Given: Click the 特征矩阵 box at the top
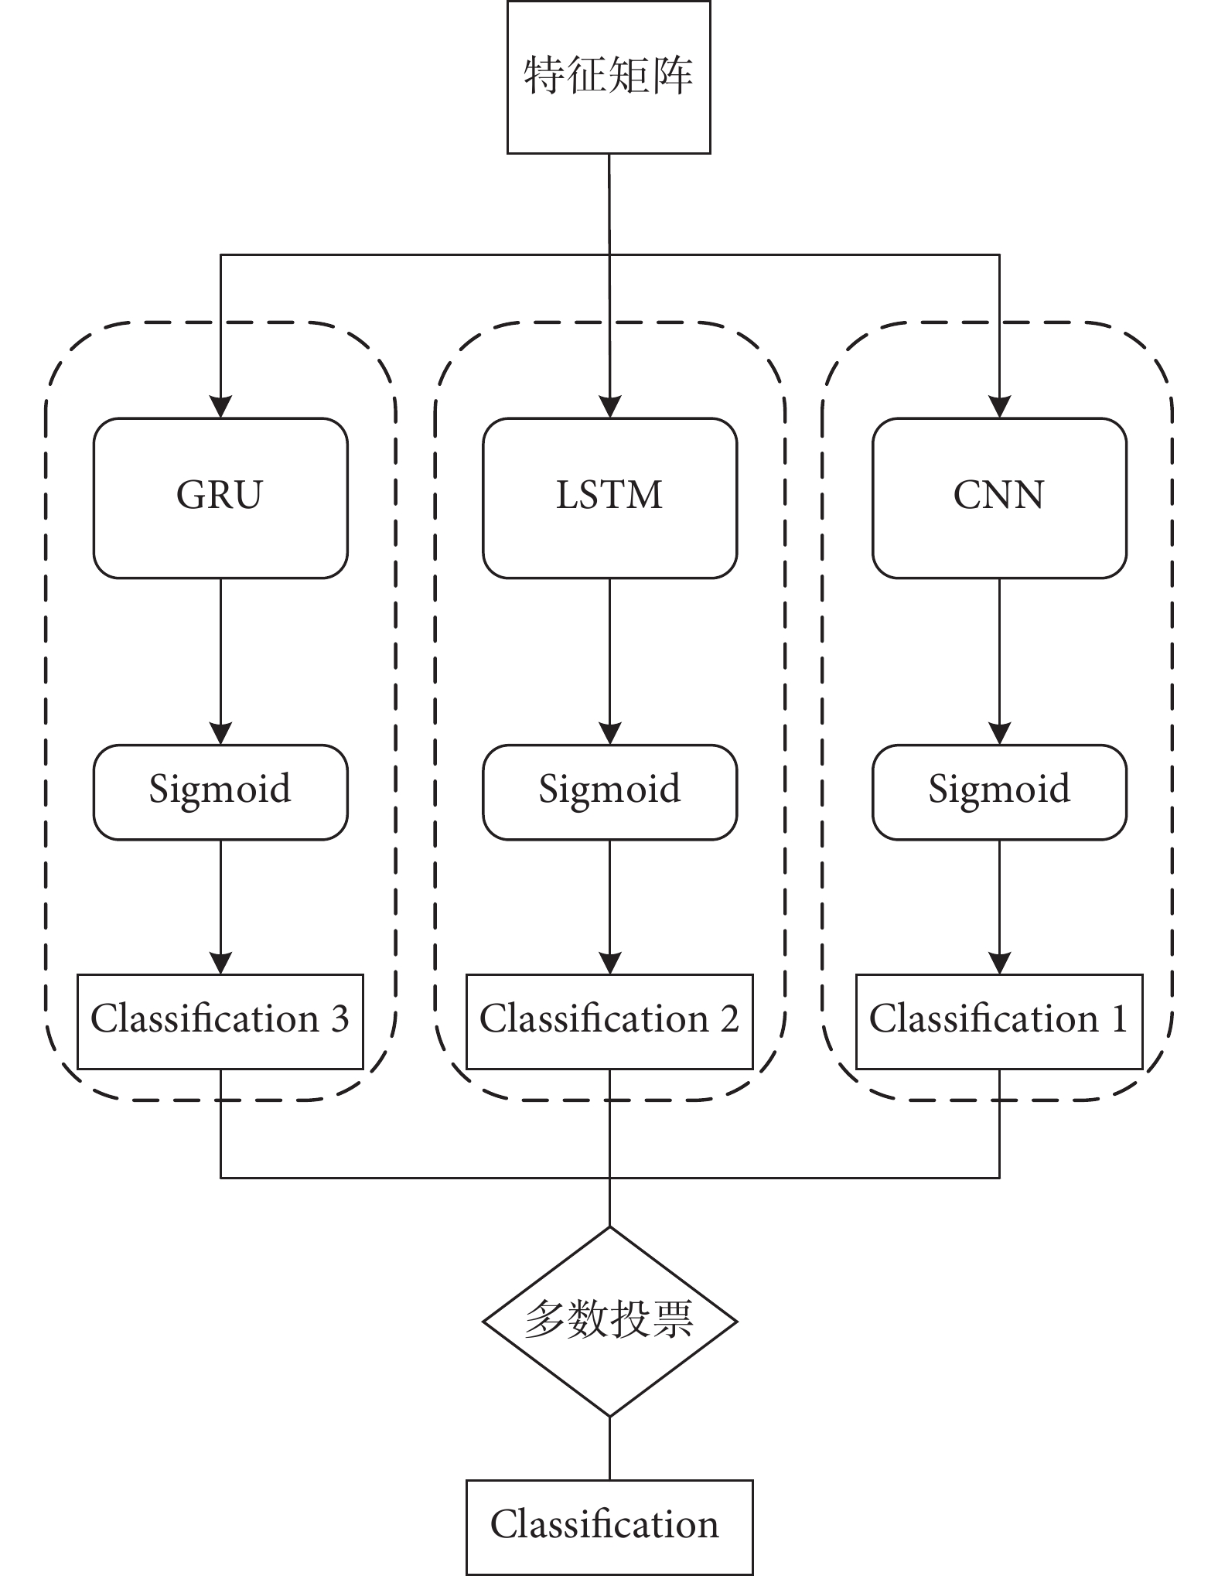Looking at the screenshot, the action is point(609,77).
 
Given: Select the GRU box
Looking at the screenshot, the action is point(220,498).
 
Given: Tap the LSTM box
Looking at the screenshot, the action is point(609,498).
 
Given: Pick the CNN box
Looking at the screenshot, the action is point(999,498).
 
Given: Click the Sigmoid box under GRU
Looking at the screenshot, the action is point(220,792).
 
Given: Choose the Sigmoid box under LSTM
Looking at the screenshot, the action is point(609,792).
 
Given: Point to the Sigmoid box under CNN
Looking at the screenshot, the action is point(999,792).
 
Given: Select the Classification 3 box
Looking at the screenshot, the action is point(220,1022).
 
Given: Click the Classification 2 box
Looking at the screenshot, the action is point(609,1022).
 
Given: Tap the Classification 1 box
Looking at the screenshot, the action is point(999,1022).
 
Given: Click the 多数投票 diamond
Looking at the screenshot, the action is point(609,1321).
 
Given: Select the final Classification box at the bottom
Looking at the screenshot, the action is point(609,1527).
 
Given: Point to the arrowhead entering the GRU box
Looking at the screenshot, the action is point(221,408).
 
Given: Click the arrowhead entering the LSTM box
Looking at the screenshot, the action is point(610,408).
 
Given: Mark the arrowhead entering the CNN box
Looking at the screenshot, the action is point(1000,408).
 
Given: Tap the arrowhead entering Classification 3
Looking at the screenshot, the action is point(221,963).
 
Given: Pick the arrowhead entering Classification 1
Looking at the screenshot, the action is point(1000,963).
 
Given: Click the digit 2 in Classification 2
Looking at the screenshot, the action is point(729,1020).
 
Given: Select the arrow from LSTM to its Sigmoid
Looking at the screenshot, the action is point(610,661).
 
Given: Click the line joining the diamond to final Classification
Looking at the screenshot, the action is point(609,1448).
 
